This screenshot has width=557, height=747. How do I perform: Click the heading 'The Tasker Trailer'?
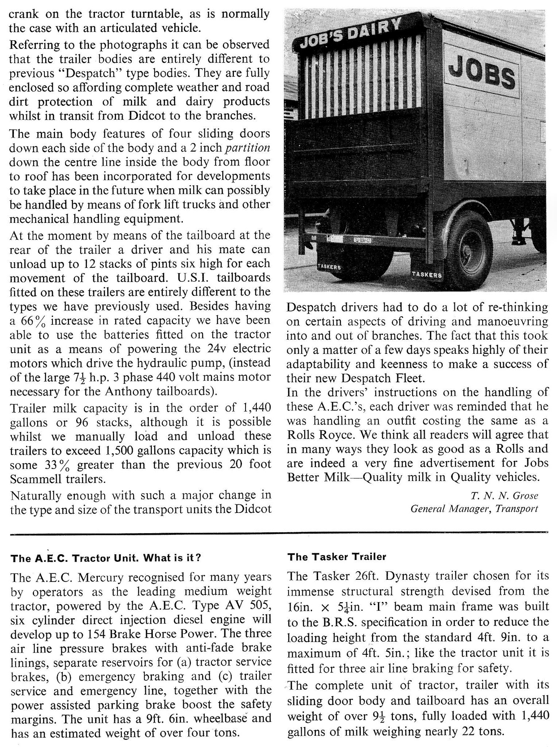[x=336, y=557]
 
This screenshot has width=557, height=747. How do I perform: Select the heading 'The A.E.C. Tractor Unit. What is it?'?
[x=106, y=558]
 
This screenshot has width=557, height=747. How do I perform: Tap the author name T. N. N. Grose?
[x=504, y=495]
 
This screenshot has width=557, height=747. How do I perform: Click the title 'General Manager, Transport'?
[x=474, y=508]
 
